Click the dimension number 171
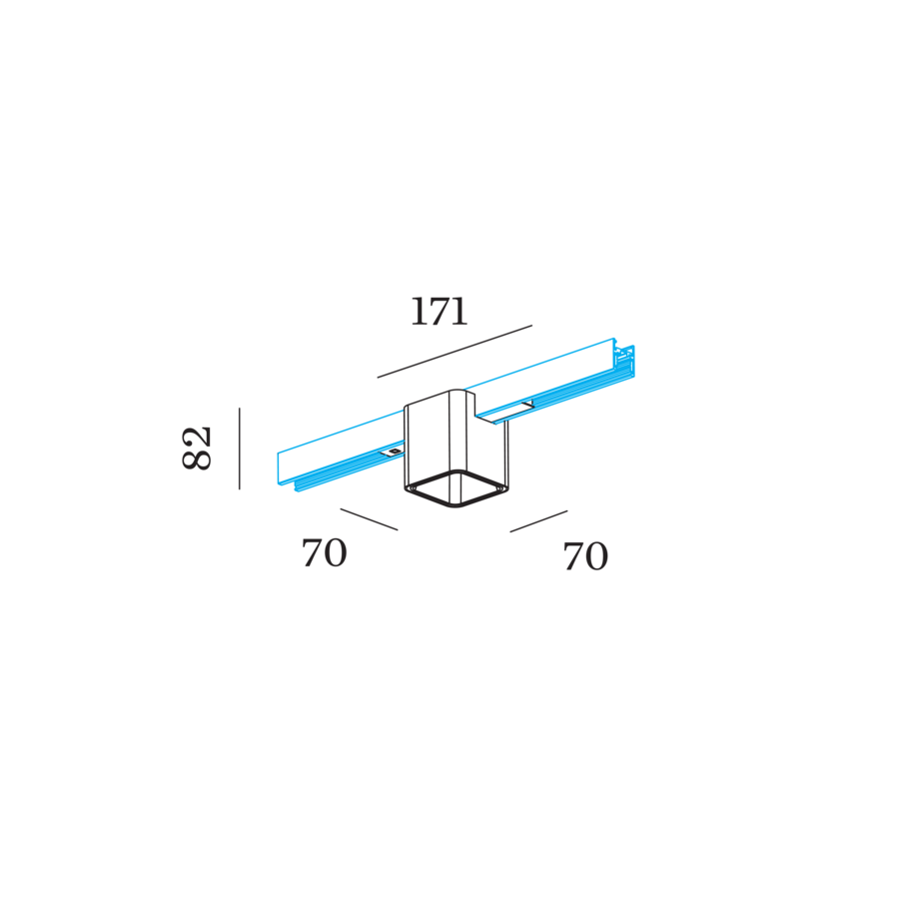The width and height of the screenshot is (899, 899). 440,312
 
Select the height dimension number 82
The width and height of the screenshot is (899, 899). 197,449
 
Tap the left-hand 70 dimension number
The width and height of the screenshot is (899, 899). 325,552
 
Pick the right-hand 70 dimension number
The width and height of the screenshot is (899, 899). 585,556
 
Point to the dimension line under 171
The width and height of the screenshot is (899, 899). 454,352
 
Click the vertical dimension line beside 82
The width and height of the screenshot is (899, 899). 240,449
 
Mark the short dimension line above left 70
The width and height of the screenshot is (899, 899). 369,519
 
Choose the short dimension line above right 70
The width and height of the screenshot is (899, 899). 539,521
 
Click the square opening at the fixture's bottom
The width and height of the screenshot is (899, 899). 455,489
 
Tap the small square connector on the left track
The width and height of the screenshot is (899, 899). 394,452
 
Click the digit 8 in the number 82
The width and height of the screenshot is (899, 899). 197,459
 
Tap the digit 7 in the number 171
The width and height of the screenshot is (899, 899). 440,312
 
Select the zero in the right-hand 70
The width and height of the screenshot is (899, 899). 597,556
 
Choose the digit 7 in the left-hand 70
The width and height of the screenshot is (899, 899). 312,552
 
